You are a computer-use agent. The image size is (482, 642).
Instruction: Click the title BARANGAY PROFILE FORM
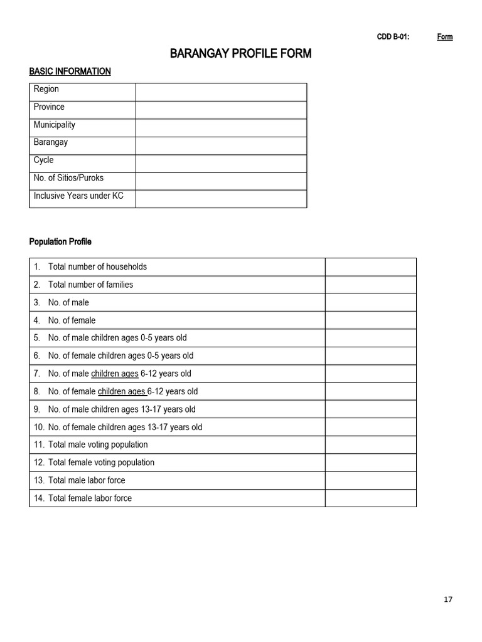click(x=240, y=54)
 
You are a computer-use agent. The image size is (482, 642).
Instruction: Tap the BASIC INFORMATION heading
click(x=70, y=71)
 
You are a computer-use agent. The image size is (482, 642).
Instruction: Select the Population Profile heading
click(x=60, y=241)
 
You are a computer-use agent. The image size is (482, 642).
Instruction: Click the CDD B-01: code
click(x=393, y=37)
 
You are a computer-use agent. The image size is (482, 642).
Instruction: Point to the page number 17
click(x=447, y=599)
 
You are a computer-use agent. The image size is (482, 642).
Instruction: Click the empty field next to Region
click(x=221, y=92)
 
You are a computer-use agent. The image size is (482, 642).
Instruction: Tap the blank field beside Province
click(x=221, y=110)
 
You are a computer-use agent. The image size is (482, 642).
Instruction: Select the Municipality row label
click(x=54, y=125)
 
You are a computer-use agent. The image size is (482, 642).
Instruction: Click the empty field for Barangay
click(x=221, y=145)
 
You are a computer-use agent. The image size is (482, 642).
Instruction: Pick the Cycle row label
click(x=43, y=160)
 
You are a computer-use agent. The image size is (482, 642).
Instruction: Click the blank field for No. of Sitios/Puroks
click(x=221, y=181)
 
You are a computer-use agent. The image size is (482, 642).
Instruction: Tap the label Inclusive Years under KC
click(x=78, y=196)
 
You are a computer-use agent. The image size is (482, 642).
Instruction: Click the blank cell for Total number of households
click(x=370, y=266)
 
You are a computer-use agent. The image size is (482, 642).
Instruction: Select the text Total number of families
click(x=90, y=285)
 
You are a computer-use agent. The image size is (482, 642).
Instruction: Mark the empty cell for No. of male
click(x=370, y=302)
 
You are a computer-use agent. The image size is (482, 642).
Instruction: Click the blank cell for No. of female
click(x=370, y=320)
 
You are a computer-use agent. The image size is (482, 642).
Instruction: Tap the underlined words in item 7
click(x=115, y=374)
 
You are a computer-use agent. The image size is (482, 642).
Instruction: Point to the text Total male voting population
click(x=98, y=445)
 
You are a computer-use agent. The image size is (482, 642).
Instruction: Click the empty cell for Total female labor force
click(x=370, y=498)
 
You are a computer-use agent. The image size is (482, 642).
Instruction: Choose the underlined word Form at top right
click(x=445, y=37)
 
